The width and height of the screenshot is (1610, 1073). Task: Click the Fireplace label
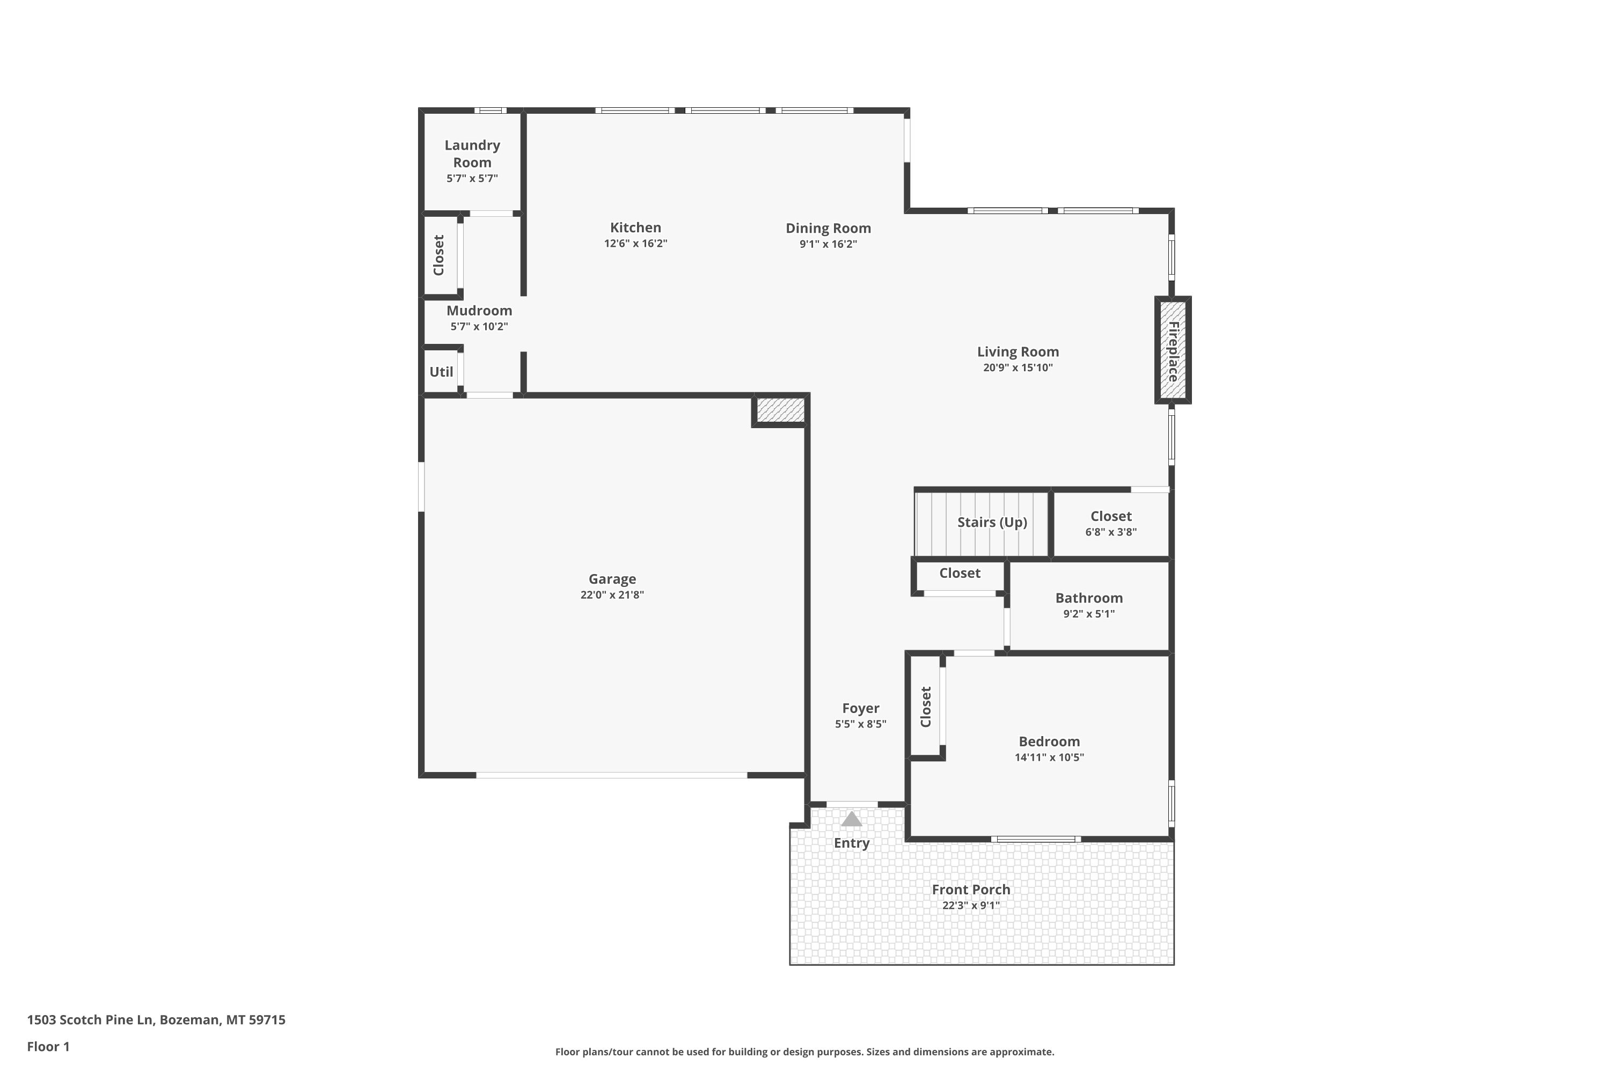(1173, 351)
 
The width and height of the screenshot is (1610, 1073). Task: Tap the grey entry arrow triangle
(852, 819)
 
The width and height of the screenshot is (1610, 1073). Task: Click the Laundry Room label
(472, 154)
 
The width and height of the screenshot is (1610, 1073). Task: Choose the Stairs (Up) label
(992, 522)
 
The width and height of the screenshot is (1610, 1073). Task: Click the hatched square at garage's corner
(780, 410)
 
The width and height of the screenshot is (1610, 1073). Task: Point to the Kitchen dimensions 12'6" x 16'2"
(635, 244)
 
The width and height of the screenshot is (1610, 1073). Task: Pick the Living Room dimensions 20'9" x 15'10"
(1018, 368)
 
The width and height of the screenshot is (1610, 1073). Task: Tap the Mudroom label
(479, 311)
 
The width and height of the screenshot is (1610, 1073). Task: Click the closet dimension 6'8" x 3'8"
(1111, 532)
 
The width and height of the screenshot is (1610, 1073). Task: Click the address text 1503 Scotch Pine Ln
(90, 1020)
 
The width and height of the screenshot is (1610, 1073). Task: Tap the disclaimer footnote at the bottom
(804, 1052)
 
